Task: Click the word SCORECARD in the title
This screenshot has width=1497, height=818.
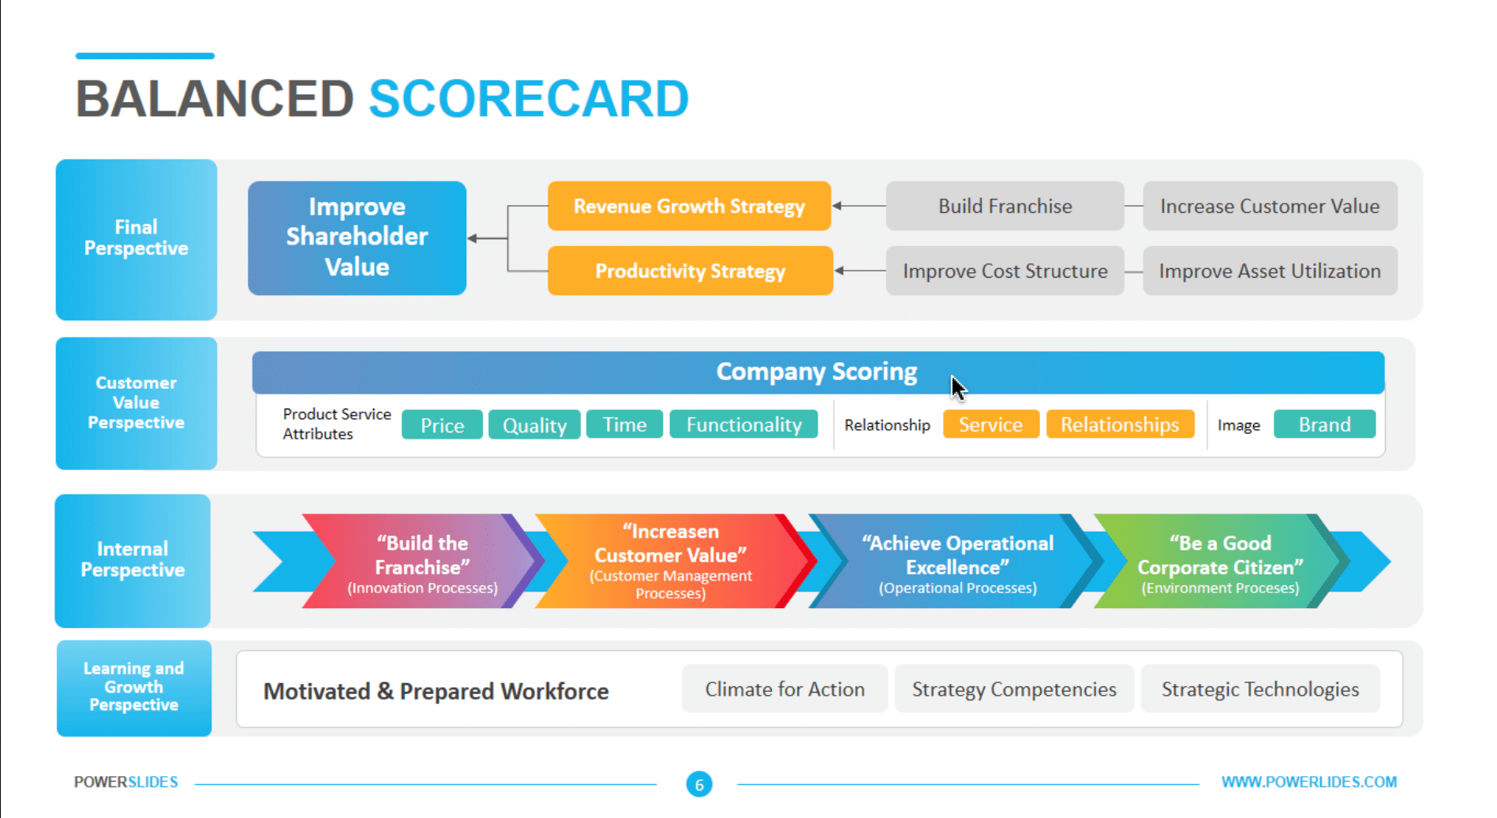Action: (529, 99)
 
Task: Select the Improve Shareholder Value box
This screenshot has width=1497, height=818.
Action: (357, 237)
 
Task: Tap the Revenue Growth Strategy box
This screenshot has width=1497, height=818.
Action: (689, 206)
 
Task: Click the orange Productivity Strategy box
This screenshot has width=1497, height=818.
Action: (690, 271)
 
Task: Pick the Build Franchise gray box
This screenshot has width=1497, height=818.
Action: (1005, 206)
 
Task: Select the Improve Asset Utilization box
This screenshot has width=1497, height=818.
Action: (1269, 271)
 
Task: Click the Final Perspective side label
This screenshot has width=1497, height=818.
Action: (136, 238)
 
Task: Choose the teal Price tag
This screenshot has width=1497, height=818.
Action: (442, 425)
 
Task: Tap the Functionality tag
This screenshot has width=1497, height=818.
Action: (743, 425)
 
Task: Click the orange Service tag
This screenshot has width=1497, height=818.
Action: (990, 425)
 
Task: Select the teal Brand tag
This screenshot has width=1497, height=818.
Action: (1324, 425)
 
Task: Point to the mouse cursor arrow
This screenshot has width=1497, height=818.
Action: (957, 387)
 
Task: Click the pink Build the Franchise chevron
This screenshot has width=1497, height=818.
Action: (422, 562)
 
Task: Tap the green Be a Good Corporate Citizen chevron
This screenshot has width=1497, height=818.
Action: (1219, 562)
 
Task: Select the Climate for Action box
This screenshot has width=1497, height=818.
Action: (784, 689)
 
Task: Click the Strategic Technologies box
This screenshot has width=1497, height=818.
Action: (1259, 689)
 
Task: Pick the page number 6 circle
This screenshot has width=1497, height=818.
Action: (699, 784)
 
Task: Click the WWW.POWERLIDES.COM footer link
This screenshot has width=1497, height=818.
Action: (1308, 782)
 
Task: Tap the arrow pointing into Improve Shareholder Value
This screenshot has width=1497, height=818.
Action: (476, 238)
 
